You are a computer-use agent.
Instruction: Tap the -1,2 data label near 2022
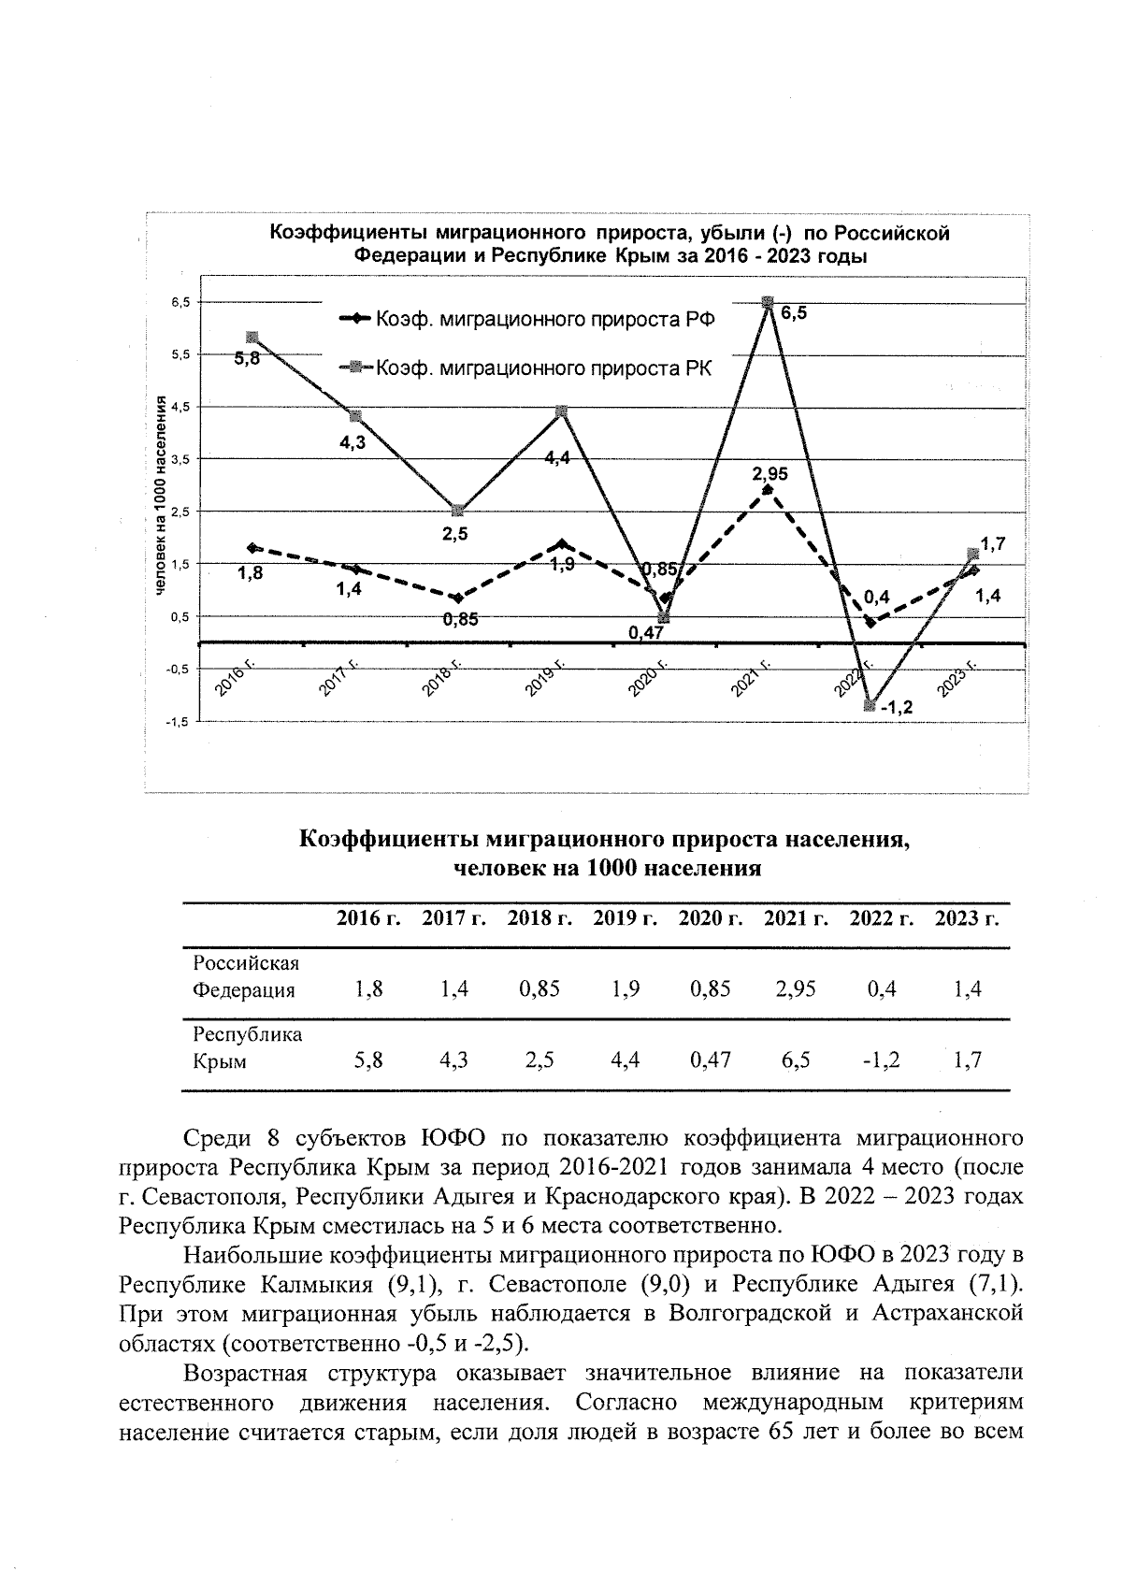896,708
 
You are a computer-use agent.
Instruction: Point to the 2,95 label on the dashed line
770,474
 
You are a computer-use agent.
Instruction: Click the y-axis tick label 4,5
178,407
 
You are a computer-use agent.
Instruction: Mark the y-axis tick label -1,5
176,722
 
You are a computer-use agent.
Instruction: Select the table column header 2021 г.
796,918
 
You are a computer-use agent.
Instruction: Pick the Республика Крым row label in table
247,1047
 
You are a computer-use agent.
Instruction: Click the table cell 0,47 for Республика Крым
711,1060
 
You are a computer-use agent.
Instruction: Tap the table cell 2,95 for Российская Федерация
796,988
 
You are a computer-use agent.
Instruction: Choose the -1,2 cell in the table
880,1060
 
